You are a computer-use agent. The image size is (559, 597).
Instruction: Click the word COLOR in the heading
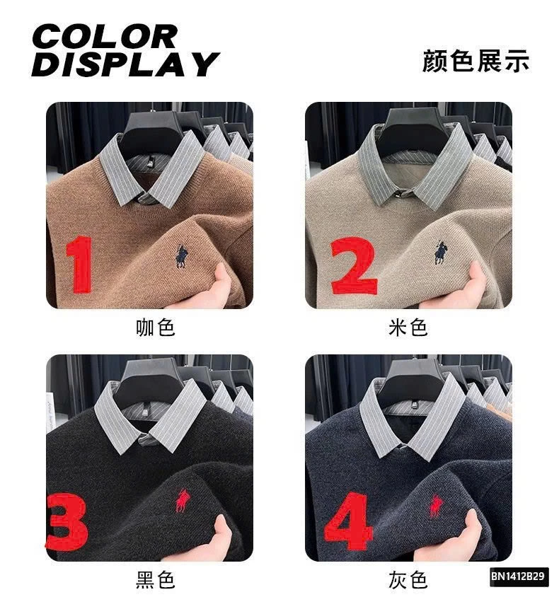point(103,36)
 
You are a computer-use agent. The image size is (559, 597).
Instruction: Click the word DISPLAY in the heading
point(124,64)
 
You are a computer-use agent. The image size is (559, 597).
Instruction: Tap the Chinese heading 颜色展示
point(475,61)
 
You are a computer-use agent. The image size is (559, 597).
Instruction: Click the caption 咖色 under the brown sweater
point(155,328)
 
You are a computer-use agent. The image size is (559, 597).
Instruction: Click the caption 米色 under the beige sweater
point(408,328)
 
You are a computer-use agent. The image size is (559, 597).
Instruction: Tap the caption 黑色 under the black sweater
point(155,581)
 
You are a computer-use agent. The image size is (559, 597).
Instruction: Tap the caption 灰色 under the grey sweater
point(408,581)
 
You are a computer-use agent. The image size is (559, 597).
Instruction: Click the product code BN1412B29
point(518,576)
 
